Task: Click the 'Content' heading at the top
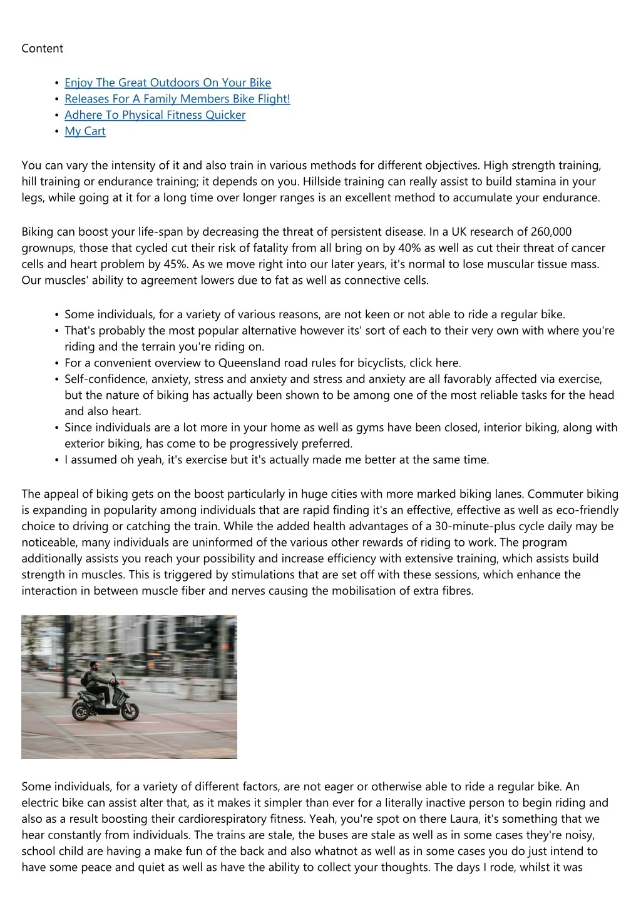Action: point(42,49)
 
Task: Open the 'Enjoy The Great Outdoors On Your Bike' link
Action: point(168,83)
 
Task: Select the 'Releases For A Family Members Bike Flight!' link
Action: point(177,99)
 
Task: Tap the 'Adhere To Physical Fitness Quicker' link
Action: point(155,115)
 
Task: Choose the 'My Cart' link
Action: point(85,131)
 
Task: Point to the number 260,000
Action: point(551,232)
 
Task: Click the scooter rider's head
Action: point(93,667)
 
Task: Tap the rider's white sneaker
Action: point(111,705)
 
